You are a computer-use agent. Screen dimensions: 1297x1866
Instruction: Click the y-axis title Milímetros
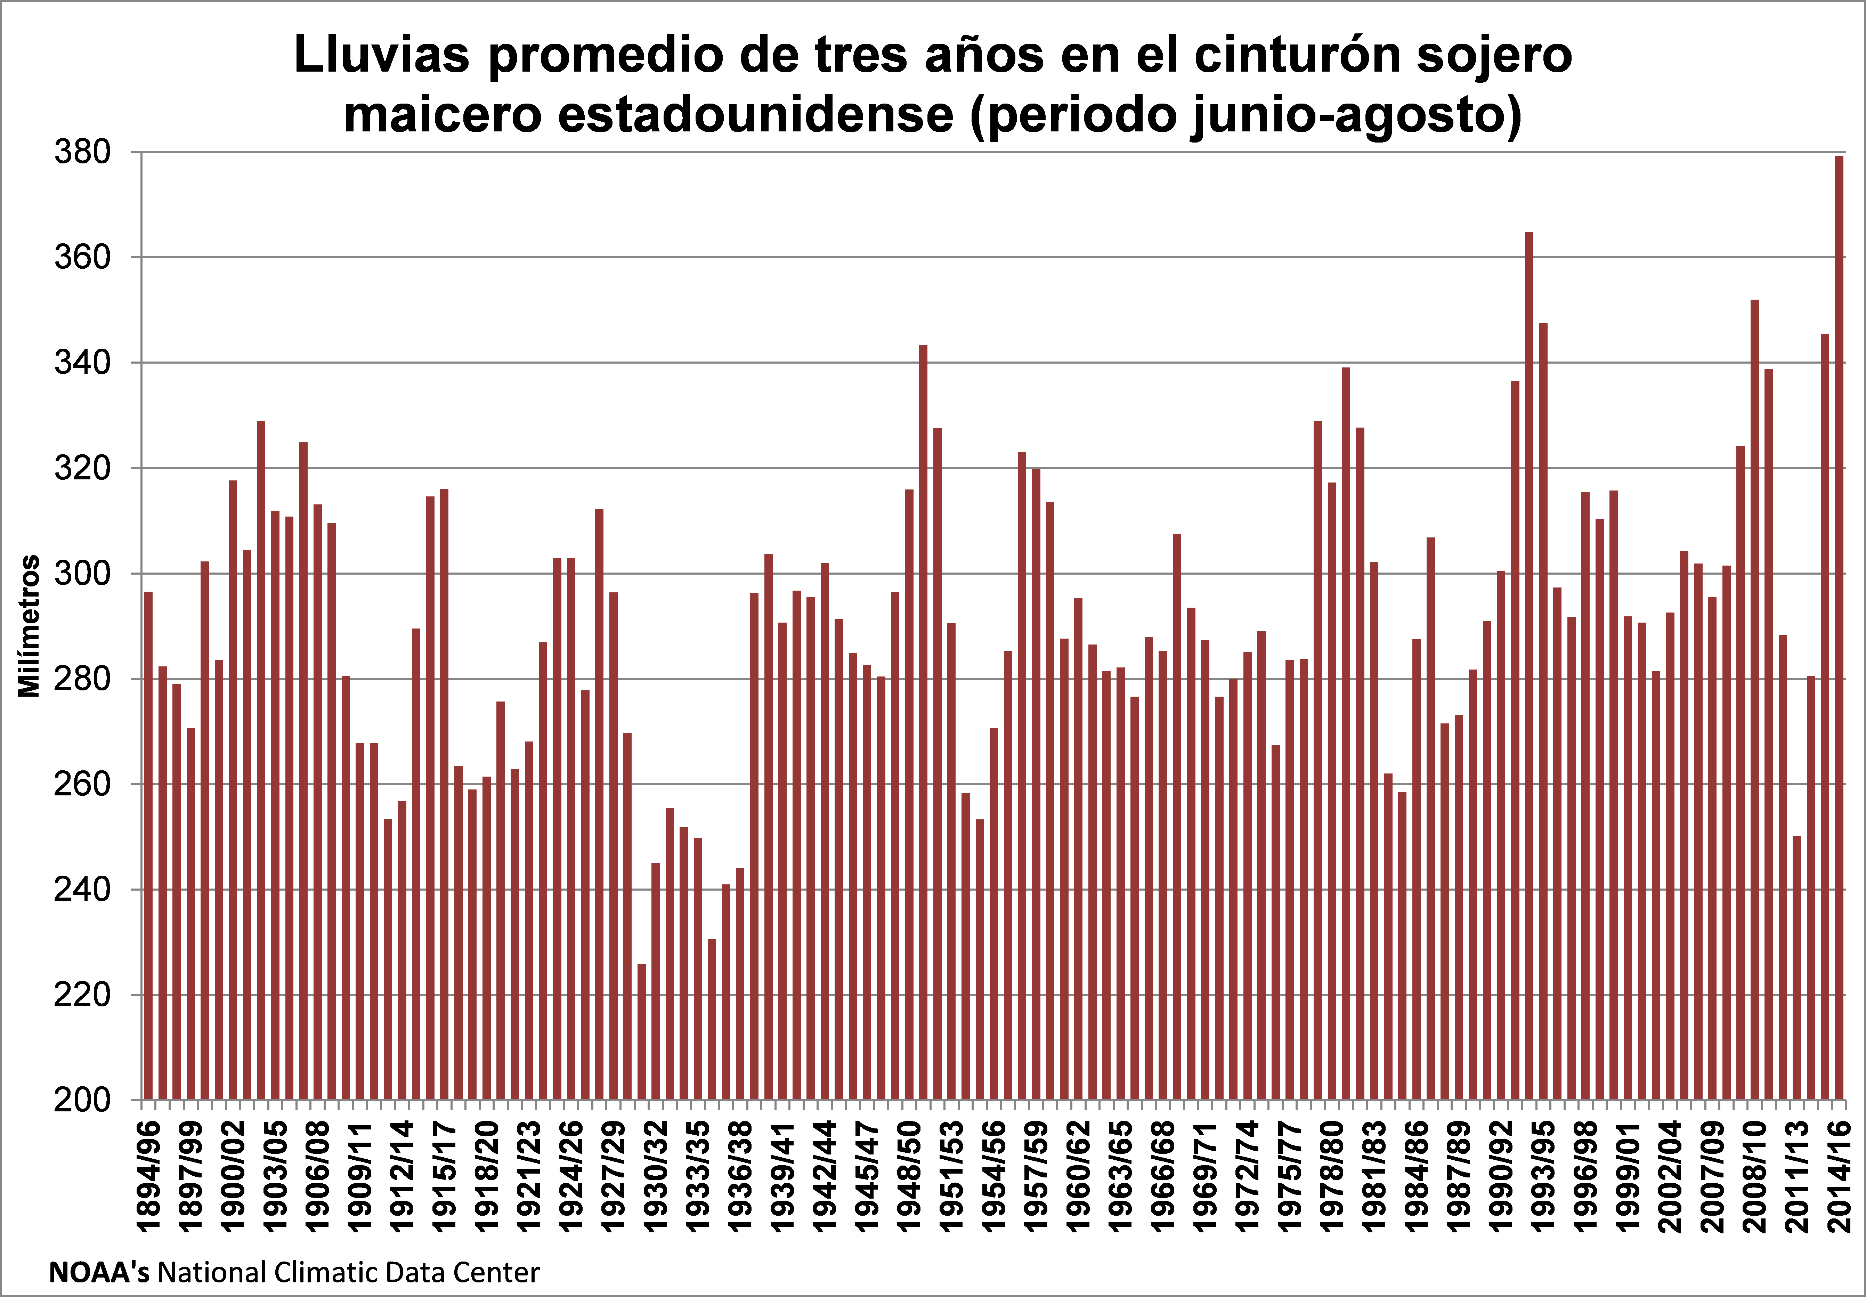pyautogui.click(x=29, y=626)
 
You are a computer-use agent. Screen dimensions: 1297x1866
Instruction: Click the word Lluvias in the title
pyautogui.click(x=382, y=55)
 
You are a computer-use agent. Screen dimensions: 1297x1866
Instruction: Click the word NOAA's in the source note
pyautogui.click(x=99, y=1272)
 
